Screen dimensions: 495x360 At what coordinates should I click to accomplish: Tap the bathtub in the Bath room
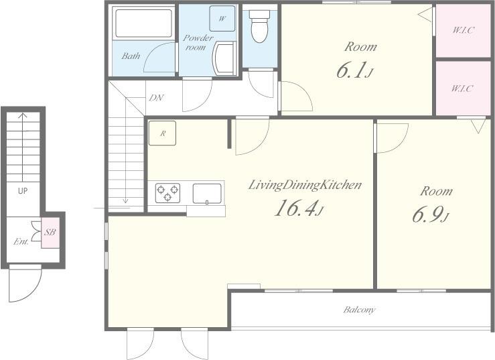(x=143, y=23)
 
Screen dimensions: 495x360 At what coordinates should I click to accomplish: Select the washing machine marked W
(x=222, y=18)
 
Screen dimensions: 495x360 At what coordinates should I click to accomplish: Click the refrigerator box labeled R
(x=162, y=133)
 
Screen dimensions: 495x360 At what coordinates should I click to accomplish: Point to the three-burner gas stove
(x=167, y=193)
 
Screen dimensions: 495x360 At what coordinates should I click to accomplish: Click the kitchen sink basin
(x=207, y=194)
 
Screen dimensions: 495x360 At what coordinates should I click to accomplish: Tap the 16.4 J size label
(x=299, y=208)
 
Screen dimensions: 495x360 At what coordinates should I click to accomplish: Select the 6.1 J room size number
(x=355, y=70)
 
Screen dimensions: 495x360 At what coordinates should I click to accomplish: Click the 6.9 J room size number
(x=431, y=215)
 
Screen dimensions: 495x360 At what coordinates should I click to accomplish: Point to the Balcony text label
(x=360, y=310)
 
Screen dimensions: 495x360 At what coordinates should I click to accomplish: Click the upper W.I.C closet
(x=463, y=31)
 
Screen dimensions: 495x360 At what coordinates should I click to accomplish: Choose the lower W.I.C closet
(x=463, y=88)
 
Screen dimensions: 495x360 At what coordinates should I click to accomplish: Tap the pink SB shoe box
(x=50, y=233)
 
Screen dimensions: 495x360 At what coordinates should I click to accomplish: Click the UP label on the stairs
(x=23, y=190)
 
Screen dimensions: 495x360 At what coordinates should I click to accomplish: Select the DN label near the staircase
(x=157, y=98)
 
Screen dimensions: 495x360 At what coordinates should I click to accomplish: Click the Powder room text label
(x=198, y=43)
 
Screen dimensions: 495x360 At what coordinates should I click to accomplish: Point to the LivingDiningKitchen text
(x=305, y=185)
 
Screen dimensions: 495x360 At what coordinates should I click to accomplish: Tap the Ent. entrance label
(x=21, y=242)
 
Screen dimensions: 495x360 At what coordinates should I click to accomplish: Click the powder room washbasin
(x=224, y=59)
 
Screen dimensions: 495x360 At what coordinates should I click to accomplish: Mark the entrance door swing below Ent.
(x=25, y=284)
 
